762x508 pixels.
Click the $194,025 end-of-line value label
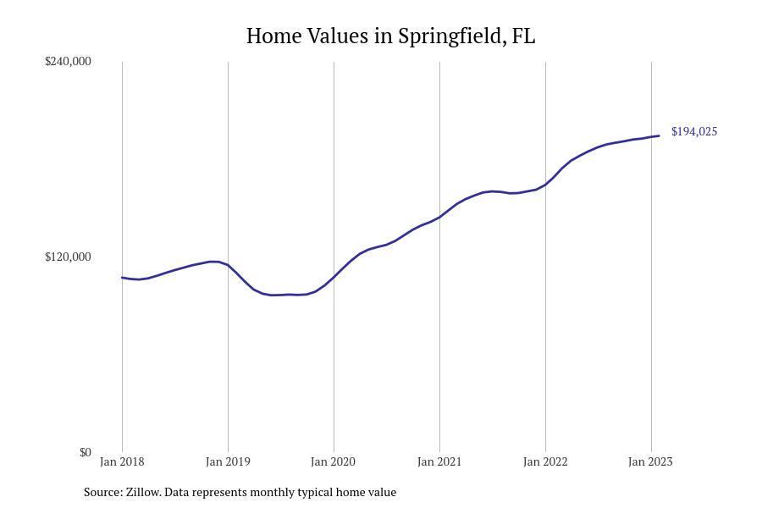tap(694, 132)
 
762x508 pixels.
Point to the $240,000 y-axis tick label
tap(68, 61)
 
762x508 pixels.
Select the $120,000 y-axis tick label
tap(68, 257)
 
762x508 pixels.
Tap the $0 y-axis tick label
tap(85, 453)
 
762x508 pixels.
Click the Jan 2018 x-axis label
tap(122, 461)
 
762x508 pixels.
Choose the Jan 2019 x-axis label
tap(228, 461)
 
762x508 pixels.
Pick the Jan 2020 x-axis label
tap(334, 461)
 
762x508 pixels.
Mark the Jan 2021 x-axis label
tap(439, 461)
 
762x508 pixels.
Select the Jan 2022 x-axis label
tap(545, 461)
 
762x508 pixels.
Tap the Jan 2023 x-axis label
tap(651, 461)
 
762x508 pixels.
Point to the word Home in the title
tap(274, 36)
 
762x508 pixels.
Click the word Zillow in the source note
tap(142, 492)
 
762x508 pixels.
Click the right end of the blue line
tap(659, 135)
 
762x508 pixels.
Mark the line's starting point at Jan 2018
tap(122, 278)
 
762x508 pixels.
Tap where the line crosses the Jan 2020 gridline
tap(334, 278)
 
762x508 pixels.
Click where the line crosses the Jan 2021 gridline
tap(439, 217)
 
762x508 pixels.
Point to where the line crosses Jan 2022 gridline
tap(546, 185)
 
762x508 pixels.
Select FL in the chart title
tap(523, 36)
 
